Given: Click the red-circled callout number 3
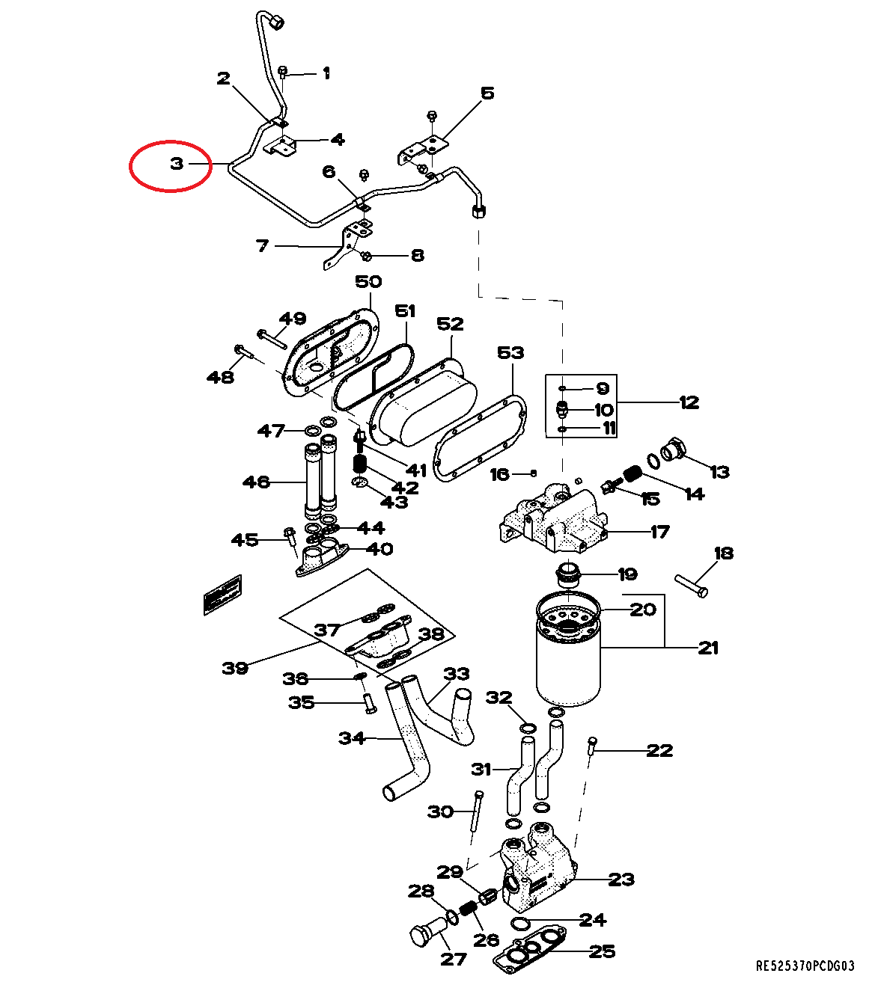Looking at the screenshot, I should [x=177, y=163].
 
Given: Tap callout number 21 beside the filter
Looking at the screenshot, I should [x=707, y=648].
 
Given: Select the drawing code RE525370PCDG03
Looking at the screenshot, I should [x=805, y=966].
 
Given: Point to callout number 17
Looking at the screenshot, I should [x=659, y=532].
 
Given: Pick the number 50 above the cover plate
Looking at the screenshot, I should [x=368, y=282].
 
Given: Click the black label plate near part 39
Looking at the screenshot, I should [x=222, y=595].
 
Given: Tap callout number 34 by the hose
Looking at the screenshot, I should [x=352, y=738].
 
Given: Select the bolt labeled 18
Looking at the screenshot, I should [x=692, y=586].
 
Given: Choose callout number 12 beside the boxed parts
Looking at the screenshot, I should [x=689, y=402].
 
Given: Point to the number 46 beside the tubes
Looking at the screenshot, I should [x=256, y=482].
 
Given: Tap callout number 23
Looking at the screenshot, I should [x=621, y=880].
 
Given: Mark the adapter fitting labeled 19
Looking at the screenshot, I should [x=570, y=577].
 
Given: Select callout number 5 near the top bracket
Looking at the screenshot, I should [x=487, y=93].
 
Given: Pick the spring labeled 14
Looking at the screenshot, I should [x=633, y=474].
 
